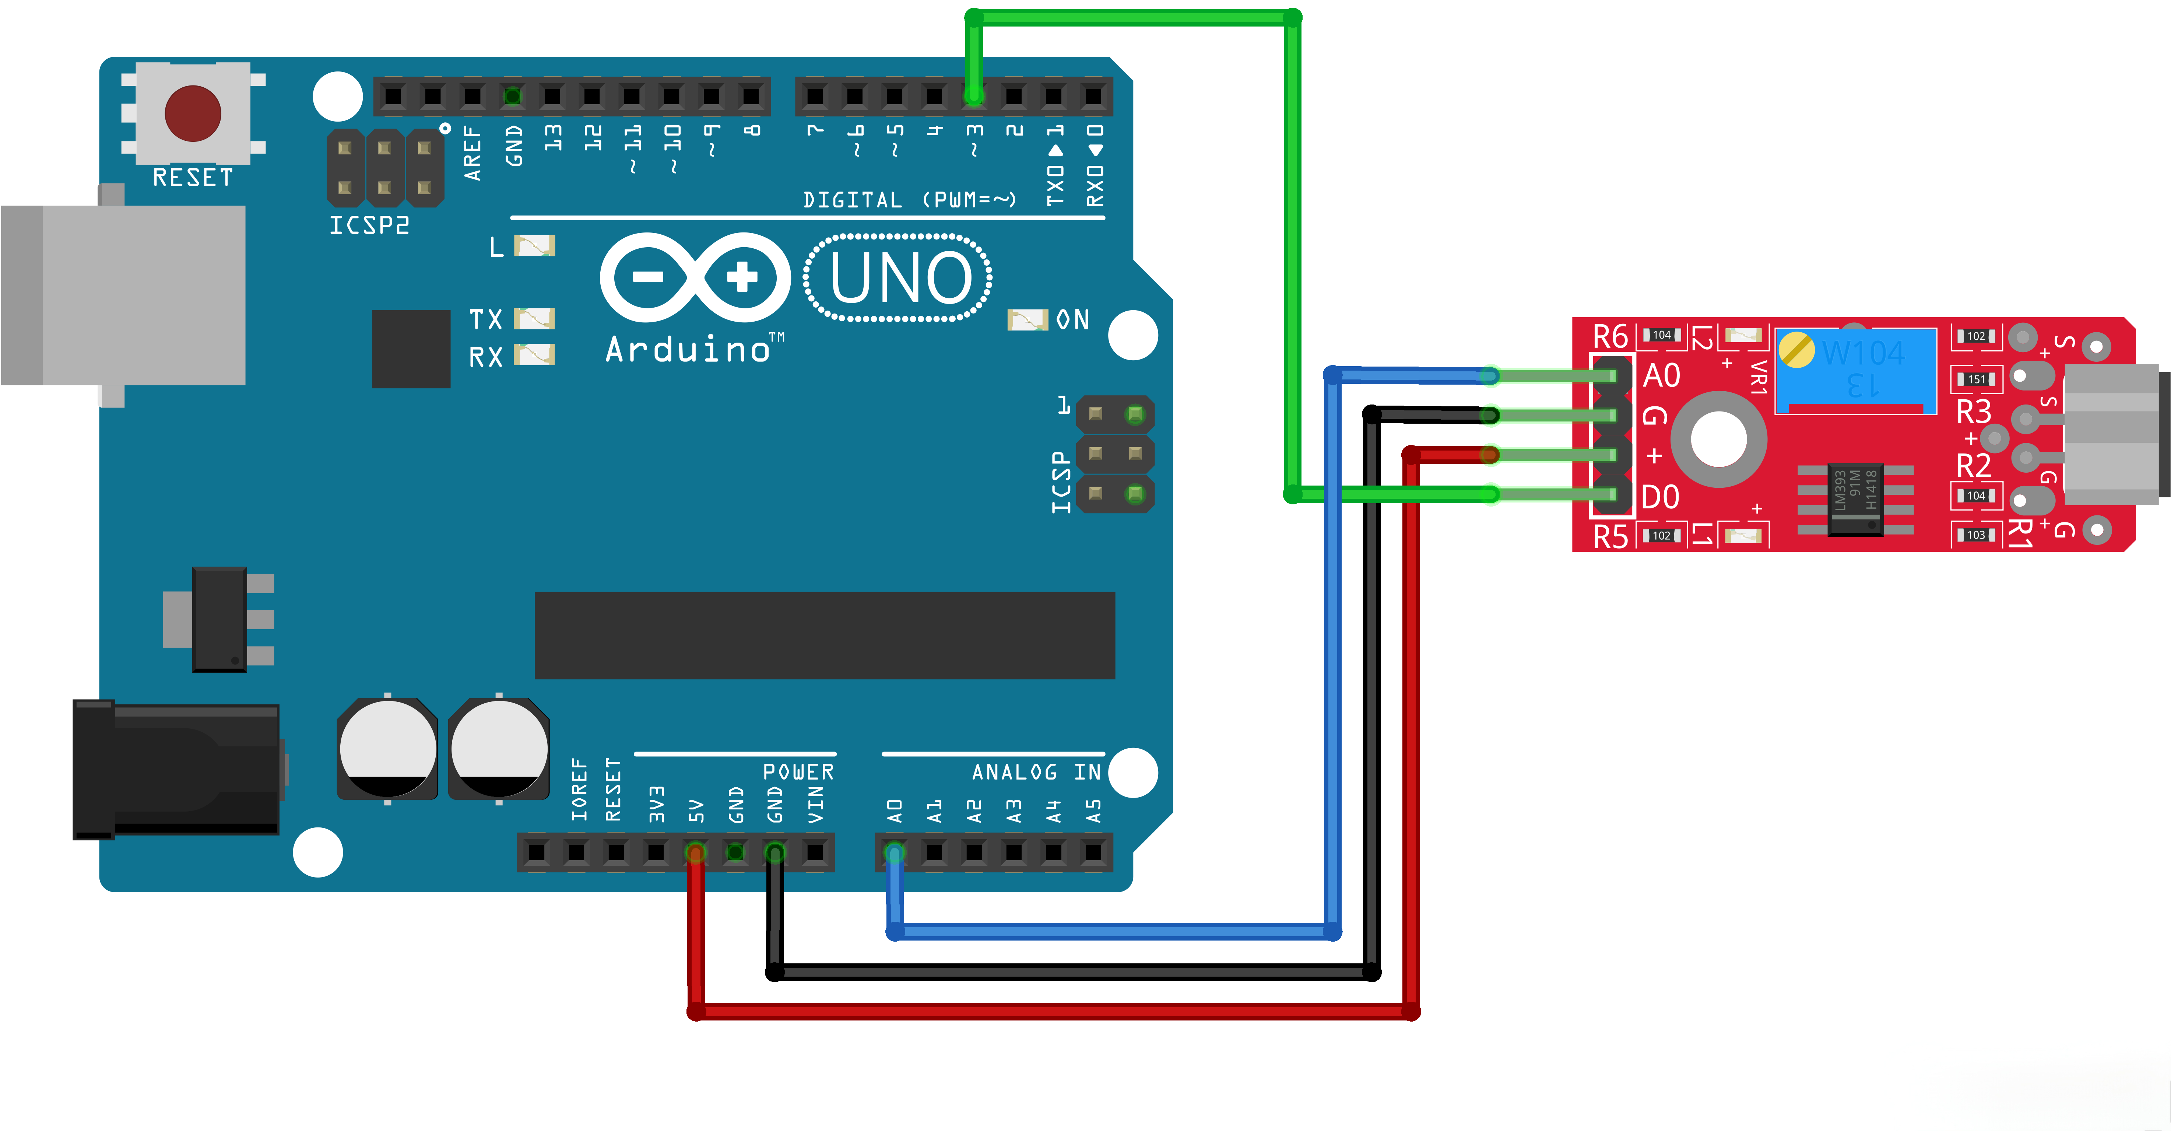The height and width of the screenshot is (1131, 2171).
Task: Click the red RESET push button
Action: click(x=193, y=113)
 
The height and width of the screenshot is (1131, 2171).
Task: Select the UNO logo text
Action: click(x=898, y=278)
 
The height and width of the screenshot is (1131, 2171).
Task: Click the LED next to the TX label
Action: click(x=534, y=319)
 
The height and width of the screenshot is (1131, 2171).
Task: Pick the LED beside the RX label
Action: click(x=534, y=355)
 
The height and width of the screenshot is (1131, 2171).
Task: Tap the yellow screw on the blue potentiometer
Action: click(x=1797, y=350)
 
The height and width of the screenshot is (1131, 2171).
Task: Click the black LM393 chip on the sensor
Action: click(x=1855, y=500)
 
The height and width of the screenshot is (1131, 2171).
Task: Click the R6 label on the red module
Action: click(x=1610, y=336)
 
